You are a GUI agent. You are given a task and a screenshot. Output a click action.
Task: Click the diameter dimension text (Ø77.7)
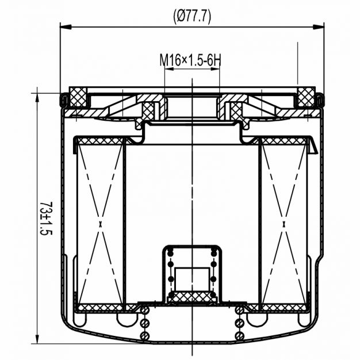pyautogui.click(x=192, y=17)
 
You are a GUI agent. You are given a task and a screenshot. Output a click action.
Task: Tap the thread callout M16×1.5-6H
pyautogui.click(x=190, y=60)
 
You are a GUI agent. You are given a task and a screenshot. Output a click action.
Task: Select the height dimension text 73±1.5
pyautogui.click(x=46, y=219)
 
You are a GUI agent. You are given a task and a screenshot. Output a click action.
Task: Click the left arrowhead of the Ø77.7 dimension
pyautogui.click(x=65, y=26)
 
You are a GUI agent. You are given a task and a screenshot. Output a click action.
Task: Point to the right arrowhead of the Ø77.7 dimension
pyautogui.click(x=319, y=26)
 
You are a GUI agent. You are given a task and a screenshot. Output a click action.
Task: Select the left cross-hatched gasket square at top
pyautogui.click(x=78, y=97)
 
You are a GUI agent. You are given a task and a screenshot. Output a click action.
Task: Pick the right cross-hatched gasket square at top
pyautogui.click(x=306, y=97)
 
